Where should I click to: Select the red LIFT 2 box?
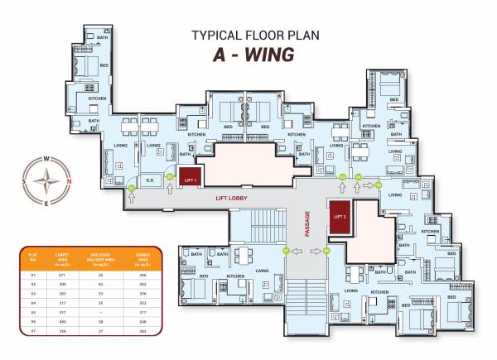click(338, 216)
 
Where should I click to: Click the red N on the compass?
click(69, 181)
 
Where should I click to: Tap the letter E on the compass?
click(47, 203)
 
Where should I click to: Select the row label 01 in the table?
click(33, 275)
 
